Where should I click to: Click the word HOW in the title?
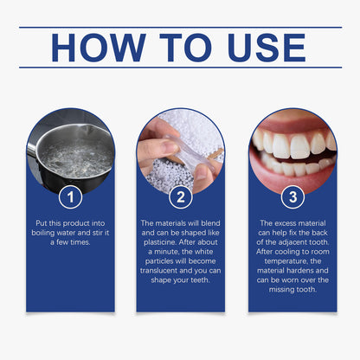[95, 48]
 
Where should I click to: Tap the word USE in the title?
[273, 48]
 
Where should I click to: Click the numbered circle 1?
[70, 196]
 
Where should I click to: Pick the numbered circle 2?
[180, 196]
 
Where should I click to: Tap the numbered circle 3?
[292, 196]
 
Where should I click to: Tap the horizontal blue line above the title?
[180, 27]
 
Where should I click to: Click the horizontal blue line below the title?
[180, 67]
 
